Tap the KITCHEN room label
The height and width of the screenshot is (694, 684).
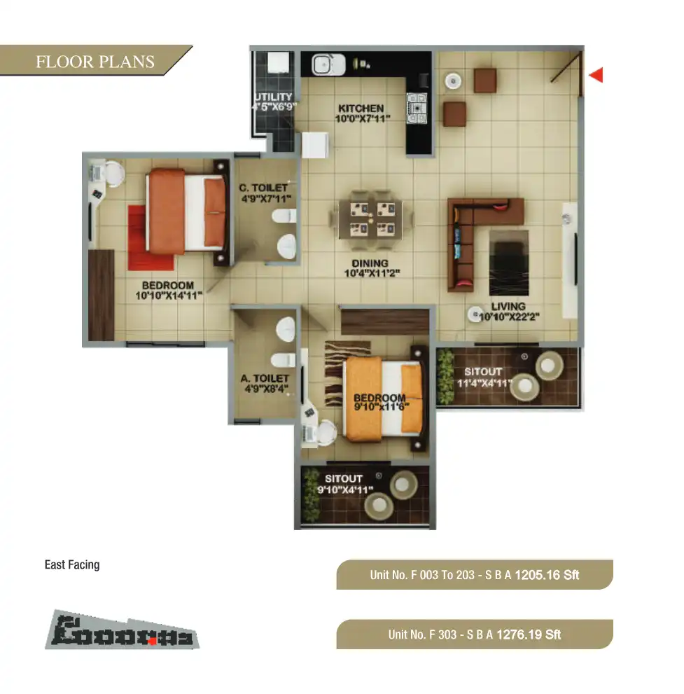361,109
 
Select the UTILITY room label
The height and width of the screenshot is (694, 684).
274,97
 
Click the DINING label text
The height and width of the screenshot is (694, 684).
370,263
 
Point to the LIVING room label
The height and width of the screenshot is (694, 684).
508,305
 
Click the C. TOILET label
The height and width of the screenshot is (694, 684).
263,188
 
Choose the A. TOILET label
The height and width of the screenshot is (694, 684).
265,378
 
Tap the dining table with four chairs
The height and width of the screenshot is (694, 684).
370,216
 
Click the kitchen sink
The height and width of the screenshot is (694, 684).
324,65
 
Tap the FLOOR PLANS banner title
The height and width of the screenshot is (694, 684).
95,62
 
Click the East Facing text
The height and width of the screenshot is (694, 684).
72,564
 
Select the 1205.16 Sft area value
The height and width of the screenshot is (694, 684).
547,575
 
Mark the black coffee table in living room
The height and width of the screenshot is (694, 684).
508,259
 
